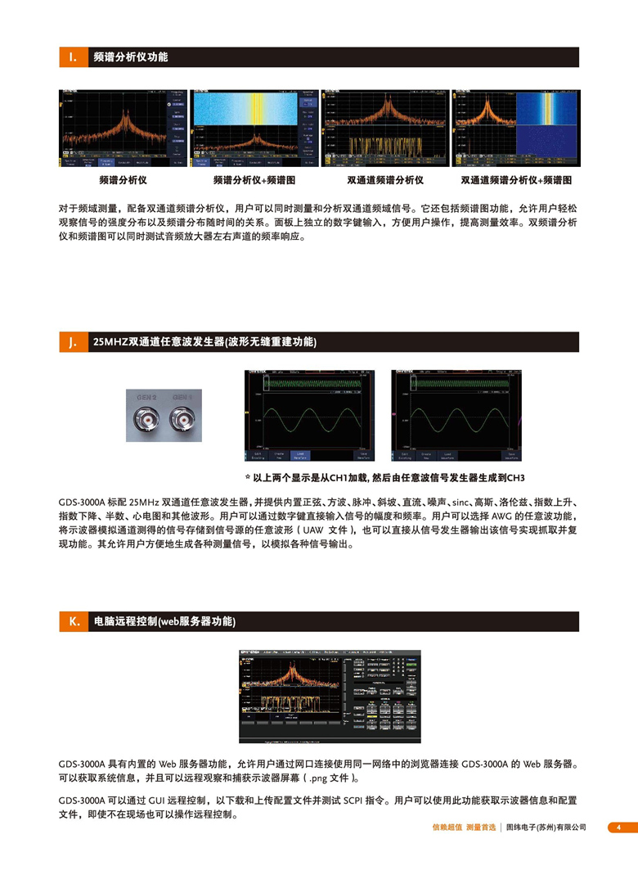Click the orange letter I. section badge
click(73, 57)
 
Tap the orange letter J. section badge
click(73, 342)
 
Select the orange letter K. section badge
click(73, 622)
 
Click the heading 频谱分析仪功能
click(131, 57)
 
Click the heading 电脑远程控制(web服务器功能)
click(164, 622)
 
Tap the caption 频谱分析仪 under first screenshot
click(122, 180)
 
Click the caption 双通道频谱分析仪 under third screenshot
click(385, 180)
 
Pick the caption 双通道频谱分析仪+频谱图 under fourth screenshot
click(516, 180)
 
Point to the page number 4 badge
click(618, 828)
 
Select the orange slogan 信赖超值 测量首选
click(464, 828)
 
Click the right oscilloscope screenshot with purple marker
click(456, 415)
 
